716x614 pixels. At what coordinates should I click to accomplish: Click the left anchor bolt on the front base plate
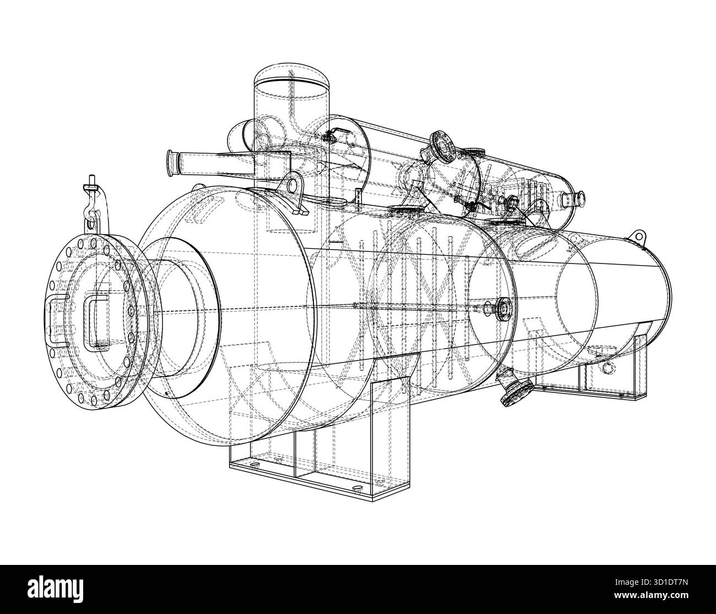pyautogui.click(x=254, y=465)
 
